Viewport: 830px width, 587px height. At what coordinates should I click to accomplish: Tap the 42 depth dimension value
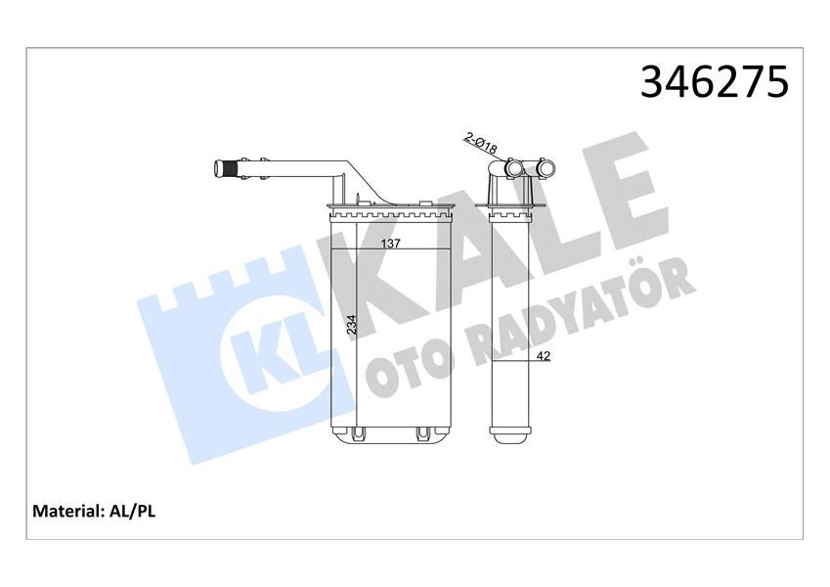point(545,356)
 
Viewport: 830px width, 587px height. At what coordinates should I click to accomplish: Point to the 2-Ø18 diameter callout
point(482,146)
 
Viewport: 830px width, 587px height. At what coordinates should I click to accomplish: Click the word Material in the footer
point(68,511)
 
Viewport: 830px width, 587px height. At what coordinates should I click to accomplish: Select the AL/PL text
point(132,511)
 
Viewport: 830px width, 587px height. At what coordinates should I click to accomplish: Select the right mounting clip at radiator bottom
point(422,431)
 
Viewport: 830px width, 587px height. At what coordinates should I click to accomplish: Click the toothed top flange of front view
point(391,210)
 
